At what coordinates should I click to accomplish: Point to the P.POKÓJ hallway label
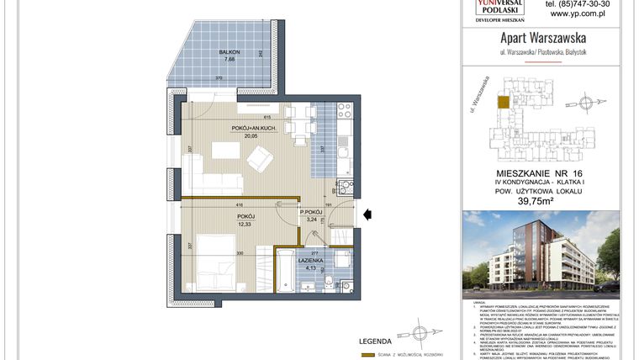coord(313,212)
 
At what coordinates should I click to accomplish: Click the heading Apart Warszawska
coord(543,38)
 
